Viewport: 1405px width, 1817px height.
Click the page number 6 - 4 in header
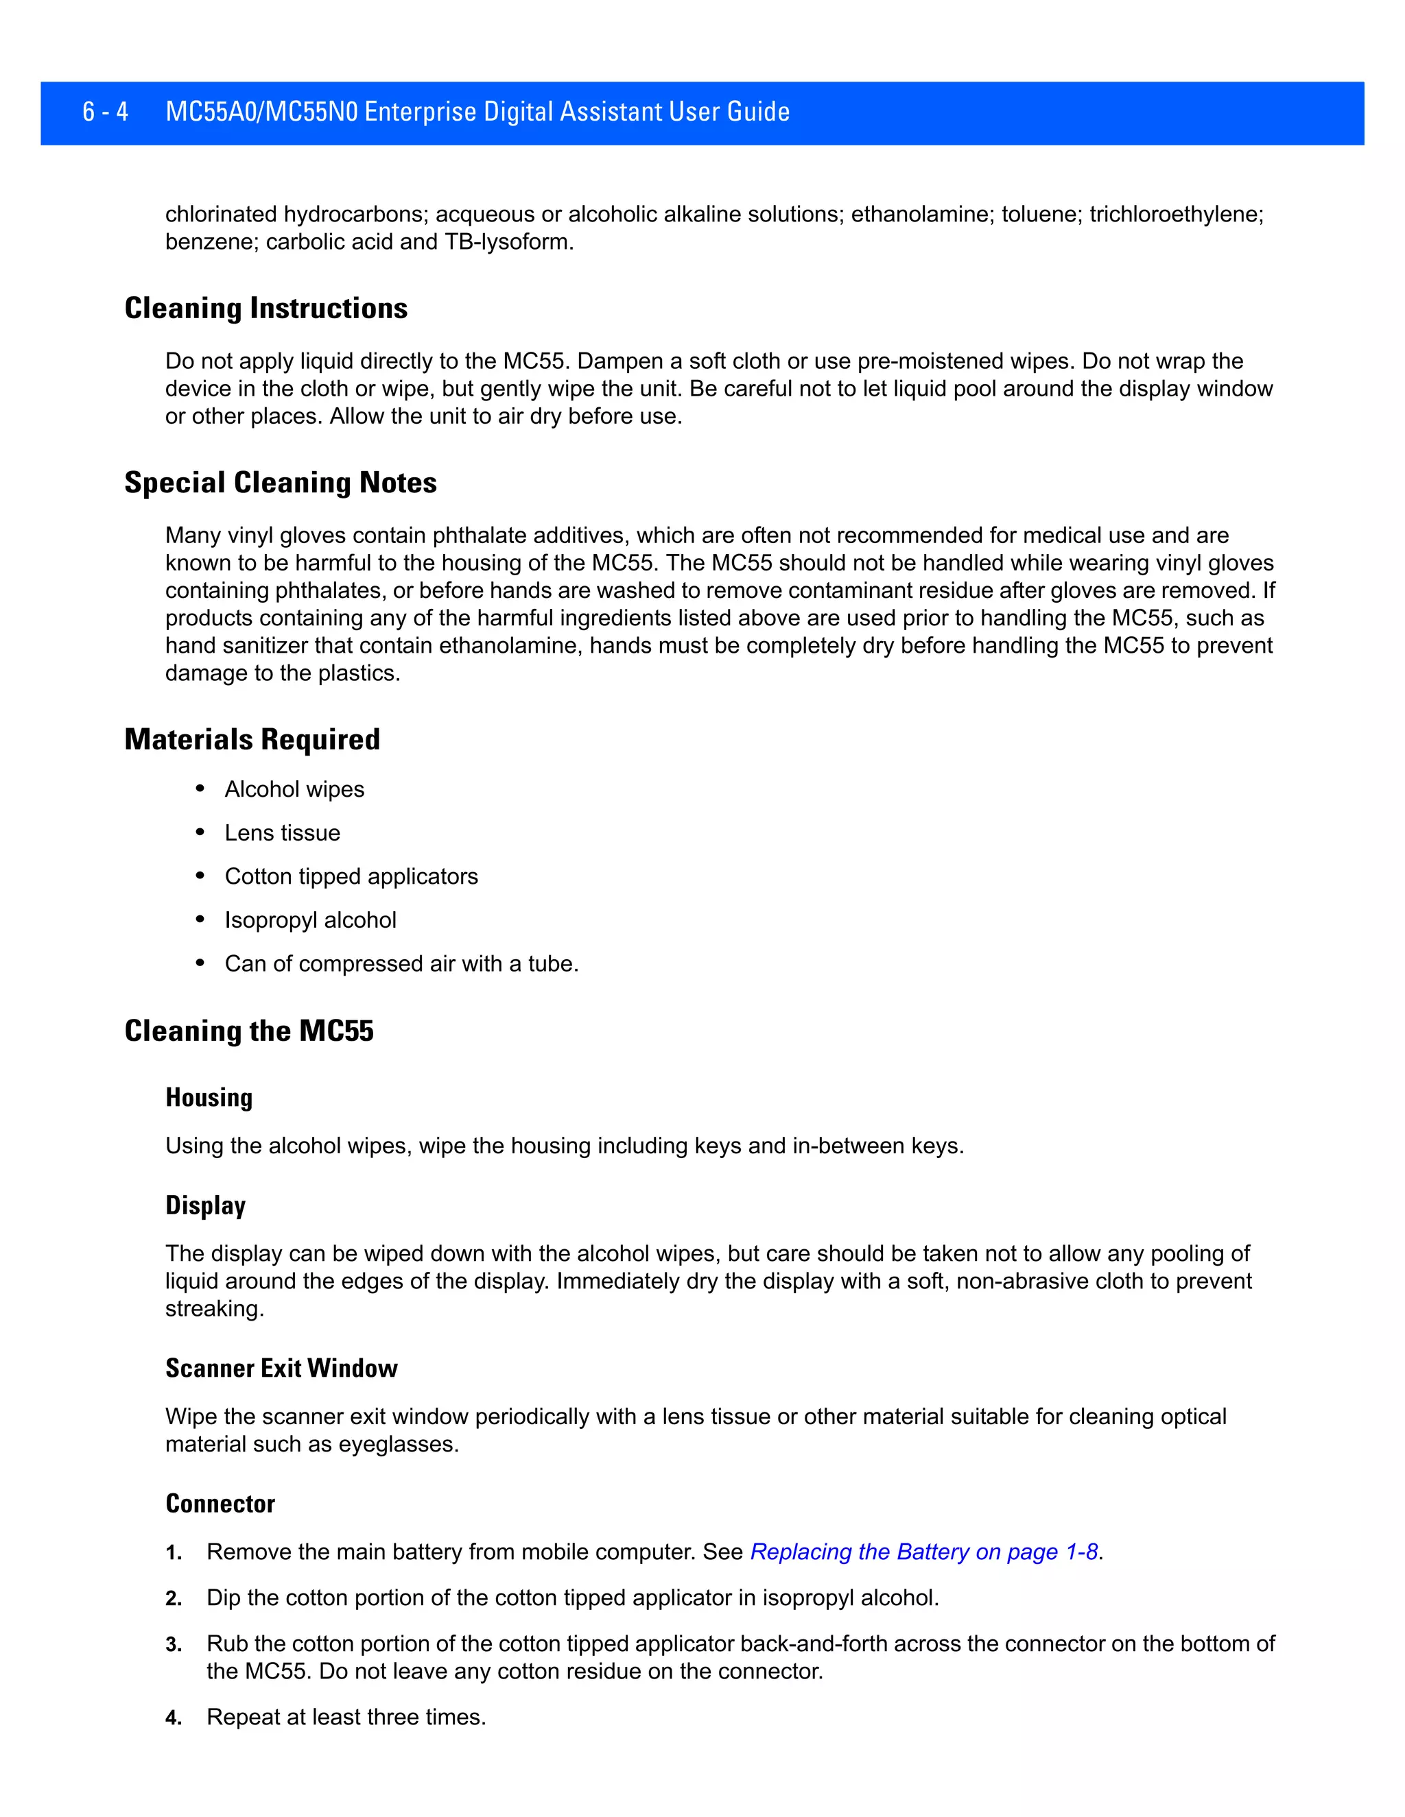pyautogui.click(x=105, y=112)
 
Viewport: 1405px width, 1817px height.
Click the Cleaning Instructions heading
pyautogui.click(x=265, y=309)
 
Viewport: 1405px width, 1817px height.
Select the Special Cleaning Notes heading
pyautogui.click(x=281, y=483)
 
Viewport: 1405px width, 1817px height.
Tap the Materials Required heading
pyautogui.click(x=252, y=740)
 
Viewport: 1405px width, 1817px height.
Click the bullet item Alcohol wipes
pyautogui.click(x=294, y=789)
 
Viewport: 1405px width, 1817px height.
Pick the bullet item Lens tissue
pyautogui.click(x=282, y=833)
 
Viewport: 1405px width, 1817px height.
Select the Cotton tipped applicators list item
pyautogui.click(x=351, y=877)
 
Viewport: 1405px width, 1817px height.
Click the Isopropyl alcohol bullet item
pyautogui.click(x=309, y=920)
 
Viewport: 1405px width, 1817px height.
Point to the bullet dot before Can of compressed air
pyautogui.click(x=200, y=963)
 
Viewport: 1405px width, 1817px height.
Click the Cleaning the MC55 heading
pyautogui.click(x=249, y=1032)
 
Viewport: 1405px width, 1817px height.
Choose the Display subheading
pyautogui.click(x=206, y=1205)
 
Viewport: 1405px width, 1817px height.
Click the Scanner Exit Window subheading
pyautogui.click(x=281, y=1369)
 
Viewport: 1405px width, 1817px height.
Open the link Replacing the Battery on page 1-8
pyautogui.click(x=924, y=1552)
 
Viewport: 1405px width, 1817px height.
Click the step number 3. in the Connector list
pyautogui.click(x=173, y=1645)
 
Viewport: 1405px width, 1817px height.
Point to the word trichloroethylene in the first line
pyautogui.click(x=1175, y=215)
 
